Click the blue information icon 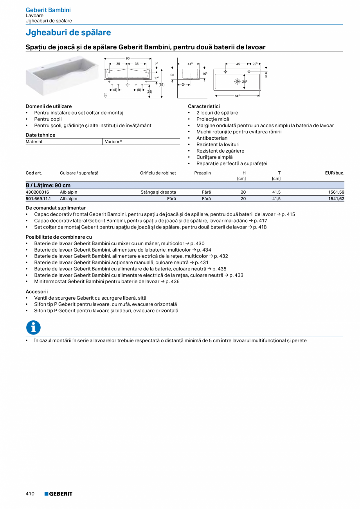(x=33, y=327)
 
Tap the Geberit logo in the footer (x=58, y=494)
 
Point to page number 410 (x=30, y=494)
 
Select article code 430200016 (x=38, y=192)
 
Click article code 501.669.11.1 (x=38, y=199)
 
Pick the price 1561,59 (x=336, y=192)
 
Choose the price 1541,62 (x=336, y=199)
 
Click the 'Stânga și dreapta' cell (x=158, y=192)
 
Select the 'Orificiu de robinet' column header (x=158, y=173)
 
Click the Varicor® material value (x=113, y=142)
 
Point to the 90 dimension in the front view (x=128, y=58)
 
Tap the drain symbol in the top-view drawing (x=237, y=81)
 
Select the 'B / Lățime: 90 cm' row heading (x=48, y=185)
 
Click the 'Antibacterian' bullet (x=212, y=138)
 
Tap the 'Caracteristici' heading (x=204, y=106)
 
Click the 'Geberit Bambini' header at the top (x=48, y=10)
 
